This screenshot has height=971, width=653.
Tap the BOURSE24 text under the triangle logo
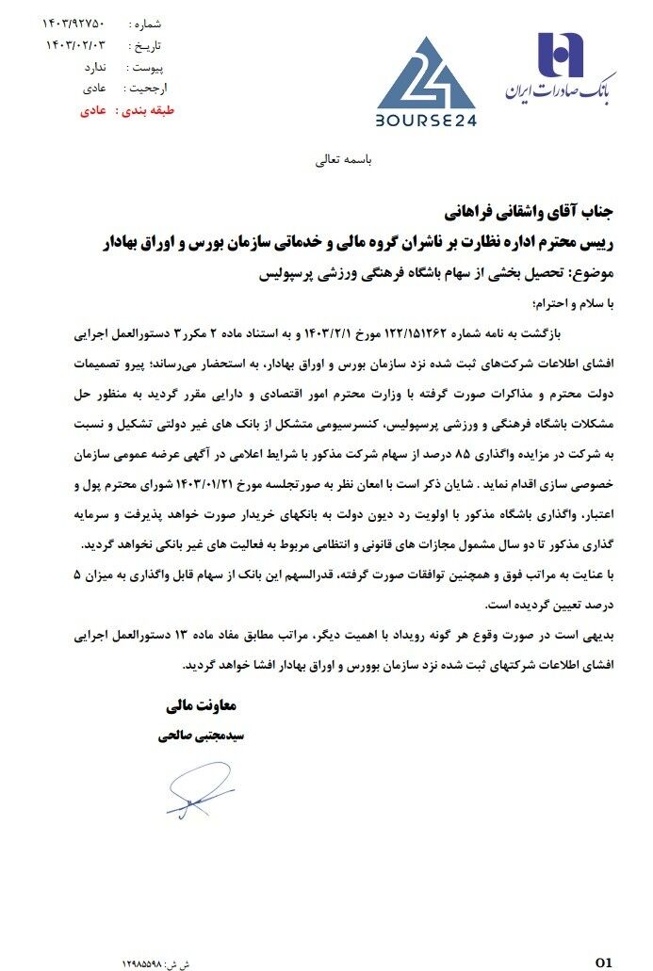(x=426, y=120)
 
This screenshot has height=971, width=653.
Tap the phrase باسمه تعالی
(x=344, y=160)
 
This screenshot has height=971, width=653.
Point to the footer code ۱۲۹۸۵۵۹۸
(x=142, y=963)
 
